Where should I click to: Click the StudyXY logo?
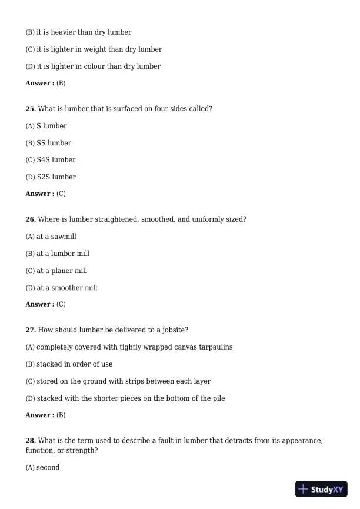tap(321, 489)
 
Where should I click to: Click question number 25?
tap(31, 109)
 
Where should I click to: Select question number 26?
tap(31, 219)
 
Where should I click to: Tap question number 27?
tap(31, 330)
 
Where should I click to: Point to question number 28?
tap(31, 441)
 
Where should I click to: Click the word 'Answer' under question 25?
tap(38, 194)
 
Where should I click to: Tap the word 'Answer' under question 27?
tap(38, 415)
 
